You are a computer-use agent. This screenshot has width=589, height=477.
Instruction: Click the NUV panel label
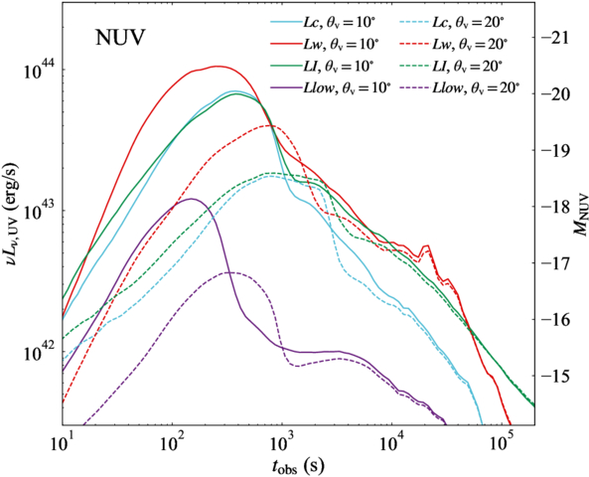point(120,39)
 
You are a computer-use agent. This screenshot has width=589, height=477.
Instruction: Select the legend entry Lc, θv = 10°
point(323,23)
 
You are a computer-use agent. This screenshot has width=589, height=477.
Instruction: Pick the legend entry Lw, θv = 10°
point(324,45)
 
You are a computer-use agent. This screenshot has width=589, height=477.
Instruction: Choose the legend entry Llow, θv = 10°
point(331,88)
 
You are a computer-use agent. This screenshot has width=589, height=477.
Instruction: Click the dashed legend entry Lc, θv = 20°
point(452,23)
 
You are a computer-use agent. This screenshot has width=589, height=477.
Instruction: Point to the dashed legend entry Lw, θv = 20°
point(453,45)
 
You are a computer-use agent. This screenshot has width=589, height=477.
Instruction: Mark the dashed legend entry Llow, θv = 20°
point(460,88)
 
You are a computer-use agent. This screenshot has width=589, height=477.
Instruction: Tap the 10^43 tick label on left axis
point(40,209)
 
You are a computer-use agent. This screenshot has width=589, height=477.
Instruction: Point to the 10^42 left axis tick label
point(40,350)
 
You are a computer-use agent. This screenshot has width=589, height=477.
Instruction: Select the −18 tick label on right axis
point(553,207)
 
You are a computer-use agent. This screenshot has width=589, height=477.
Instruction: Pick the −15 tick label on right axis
point(553,376)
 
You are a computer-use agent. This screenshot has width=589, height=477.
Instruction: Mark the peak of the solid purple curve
point(192,199)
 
